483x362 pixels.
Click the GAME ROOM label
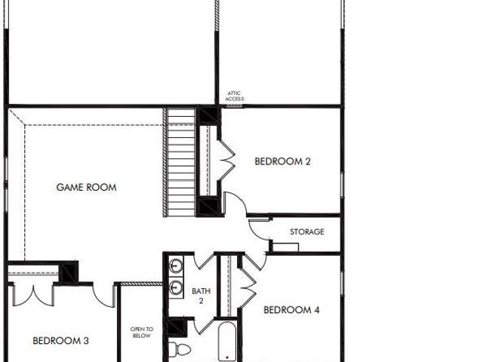pyautogui.click(x=87, y=187)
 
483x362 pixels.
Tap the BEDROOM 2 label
pyautogui.click(x=282, y=161)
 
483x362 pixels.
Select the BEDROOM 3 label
pyautogui.click(x=60, y=340)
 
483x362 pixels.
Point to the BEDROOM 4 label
pyautogui.click(x=291, y=310)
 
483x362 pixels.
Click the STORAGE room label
pyautogui.click(x=307, y=232)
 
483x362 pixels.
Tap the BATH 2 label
pyautogui.click(x=202, y=296)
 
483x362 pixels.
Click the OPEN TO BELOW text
pyautogui.click(x=142, y=333)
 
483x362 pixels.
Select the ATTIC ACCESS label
pyautogui.click(x=235, y=96)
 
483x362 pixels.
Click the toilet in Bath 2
pyautogui.click(x=180, y=349)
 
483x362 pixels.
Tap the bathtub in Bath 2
pyautogui.click(x=227, y=342)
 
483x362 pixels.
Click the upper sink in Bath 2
pyautogui.click(x=177, y=265)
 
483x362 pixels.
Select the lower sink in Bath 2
pyautogui.click(x=176, y=287)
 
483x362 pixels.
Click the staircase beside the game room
pyautogui.click(x=180, y=162)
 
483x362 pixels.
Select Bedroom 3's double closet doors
pyautogui.click(x=33, y=296)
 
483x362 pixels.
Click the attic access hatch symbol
pyautogui.click(x=235, y=106)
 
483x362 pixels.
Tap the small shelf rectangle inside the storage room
pyautogui.click(x=285, y=247)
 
